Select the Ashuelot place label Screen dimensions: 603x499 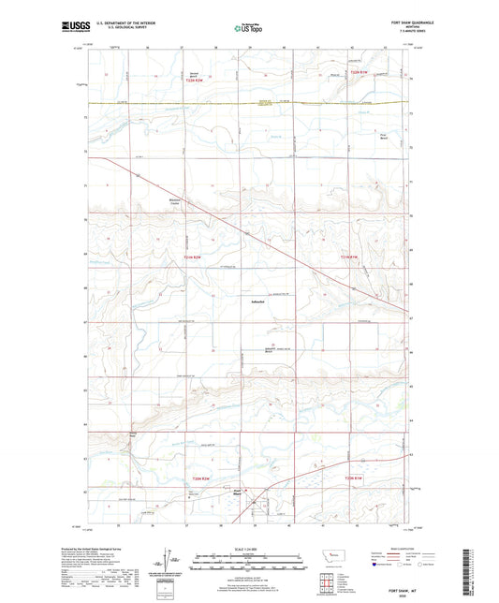(x=251, y=301)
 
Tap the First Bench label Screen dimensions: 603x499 (x=382, y=134)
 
